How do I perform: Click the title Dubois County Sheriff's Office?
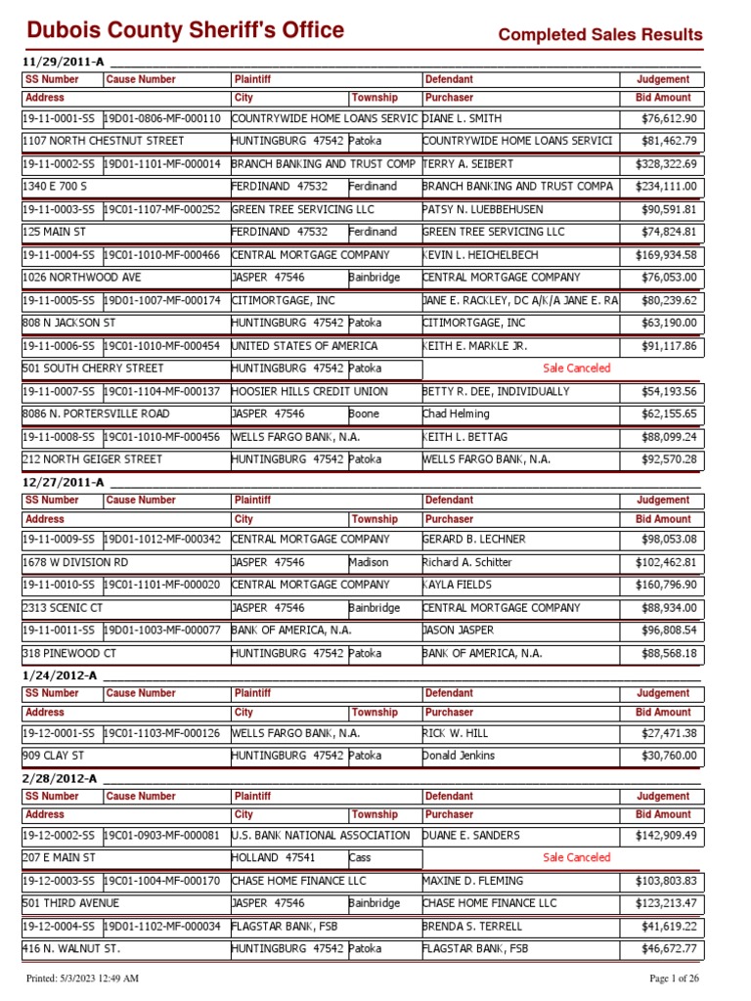(x=185, y=30)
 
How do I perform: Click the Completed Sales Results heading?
(x=599, y=35)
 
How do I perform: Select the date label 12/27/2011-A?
(x=61, y=482)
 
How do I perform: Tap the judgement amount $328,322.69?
(x=662, y=164)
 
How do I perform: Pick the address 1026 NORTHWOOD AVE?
(x=81, y=278)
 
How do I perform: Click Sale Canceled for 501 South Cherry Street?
(x=576, y=369)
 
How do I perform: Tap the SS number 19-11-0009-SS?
(x=59, y=540)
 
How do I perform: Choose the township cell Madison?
(x=369, y=563)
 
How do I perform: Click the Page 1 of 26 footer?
(x=675, y=979)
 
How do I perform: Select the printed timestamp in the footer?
(x=82, y=979)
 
